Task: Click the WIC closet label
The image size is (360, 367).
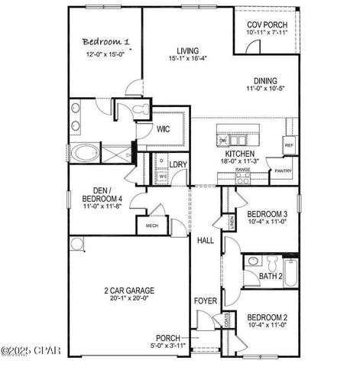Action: coord(164,130)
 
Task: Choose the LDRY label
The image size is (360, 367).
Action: coord(179,164)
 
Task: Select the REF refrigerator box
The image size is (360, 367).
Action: coord(289,145)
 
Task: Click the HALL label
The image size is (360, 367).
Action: coord(205,240)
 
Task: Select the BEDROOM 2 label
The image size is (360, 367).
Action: coord(267,317)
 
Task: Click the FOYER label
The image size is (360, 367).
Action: coord(205,301)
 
